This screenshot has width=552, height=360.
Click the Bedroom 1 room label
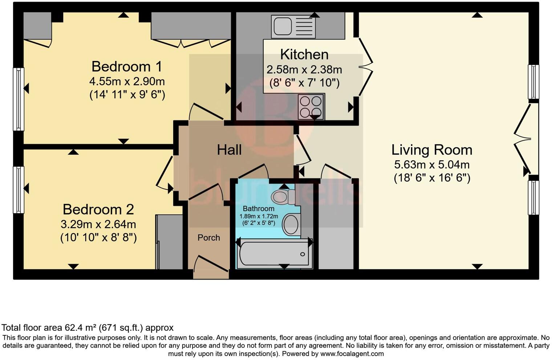[127, 67]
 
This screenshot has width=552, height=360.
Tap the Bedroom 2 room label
[98, 209]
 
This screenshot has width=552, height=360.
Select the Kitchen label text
[304, 54]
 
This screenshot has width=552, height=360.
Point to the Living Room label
[432, 150]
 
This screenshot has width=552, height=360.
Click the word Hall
[229, 150]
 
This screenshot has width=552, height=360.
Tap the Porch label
[209, 238]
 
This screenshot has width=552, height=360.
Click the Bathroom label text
[259, 209]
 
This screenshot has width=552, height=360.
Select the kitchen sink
[293, 26]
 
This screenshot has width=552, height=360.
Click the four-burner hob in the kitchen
[311, 106]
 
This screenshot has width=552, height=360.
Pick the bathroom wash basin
[291, 224]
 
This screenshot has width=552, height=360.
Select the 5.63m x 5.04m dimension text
[432, 165]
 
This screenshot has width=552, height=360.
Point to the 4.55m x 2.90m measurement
[127, 81]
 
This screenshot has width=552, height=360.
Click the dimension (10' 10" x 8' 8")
[98, 238]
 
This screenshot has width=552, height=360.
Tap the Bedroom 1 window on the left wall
[19, 99]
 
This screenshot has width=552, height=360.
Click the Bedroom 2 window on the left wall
[19, 189]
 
